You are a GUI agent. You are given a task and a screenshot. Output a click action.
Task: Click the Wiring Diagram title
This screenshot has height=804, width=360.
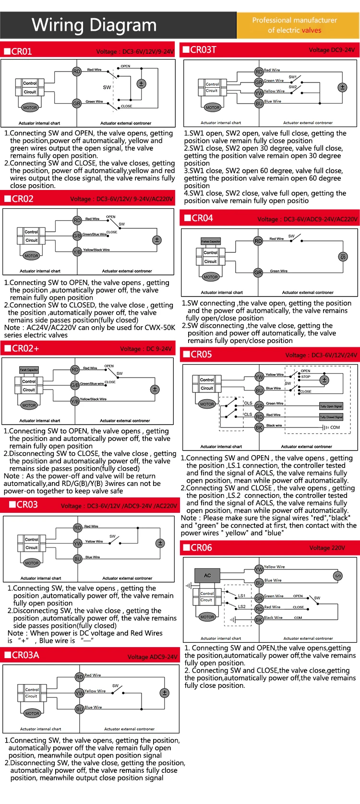point(94,25)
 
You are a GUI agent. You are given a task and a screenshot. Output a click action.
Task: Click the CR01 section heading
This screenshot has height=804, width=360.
point(21,51)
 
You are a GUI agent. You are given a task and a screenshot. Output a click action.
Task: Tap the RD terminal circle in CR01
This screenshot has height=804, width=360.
point(77,71)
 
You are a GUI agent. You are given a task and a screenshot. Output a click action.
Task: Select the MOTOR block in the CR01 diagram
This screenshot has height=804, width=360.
point(30,107)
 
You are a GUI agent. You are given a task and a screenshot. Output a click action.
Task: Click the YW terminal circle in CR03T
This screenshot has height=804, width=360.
point(259,93)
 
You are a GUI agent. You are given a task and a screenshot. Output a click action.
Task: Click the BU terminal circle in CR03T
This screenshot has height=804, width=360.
point(259,103)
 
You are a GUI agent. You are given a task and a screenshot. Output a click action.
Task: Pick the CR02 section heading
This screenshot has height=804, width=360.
point(22,199)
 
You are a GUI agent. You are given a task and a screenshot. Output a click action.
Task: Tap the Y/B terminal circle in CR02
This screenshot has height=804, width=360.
point(77,251)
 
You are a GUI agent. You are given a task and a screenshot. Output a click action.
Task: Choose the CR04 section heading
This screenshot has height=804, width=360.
point(202,218)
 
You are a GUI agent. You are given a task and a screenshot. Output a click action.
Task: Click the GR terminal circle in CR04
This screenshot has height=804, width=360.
point(258,272)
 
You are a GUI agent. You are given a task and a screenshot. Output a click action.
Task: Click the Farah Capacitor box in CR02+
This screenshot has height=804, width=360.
point(29,370)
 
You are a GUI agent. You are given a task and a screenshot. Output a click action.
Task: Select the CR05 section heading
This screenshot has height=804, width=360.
point(201,355)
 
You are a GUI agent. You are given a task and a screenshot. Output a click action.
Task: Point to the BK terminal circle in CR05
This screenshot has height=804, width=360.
point(259,427)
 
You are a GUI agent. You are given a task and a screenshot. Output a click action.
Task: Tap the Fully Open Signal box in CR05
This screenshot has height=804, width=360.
point(331,406)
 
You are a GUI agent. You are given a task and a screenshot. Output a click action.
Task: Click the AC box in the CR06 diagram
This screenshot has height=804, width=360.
point(207,575)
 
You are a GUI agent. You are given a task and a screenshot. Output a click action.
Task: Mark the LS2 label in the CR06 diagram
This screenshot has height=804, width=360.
point(242,607)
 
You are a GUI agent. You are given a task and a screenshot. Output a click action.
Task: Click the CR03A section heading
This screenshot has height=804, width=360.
point(25,655)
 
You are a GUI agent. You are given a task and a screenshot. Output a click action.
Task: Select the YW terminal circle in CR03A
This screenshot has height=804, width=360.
point(80,693)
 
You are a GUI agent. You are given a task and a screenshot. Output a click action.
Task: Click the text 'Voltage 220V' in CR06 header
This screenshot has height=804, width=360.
point(327,548)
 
